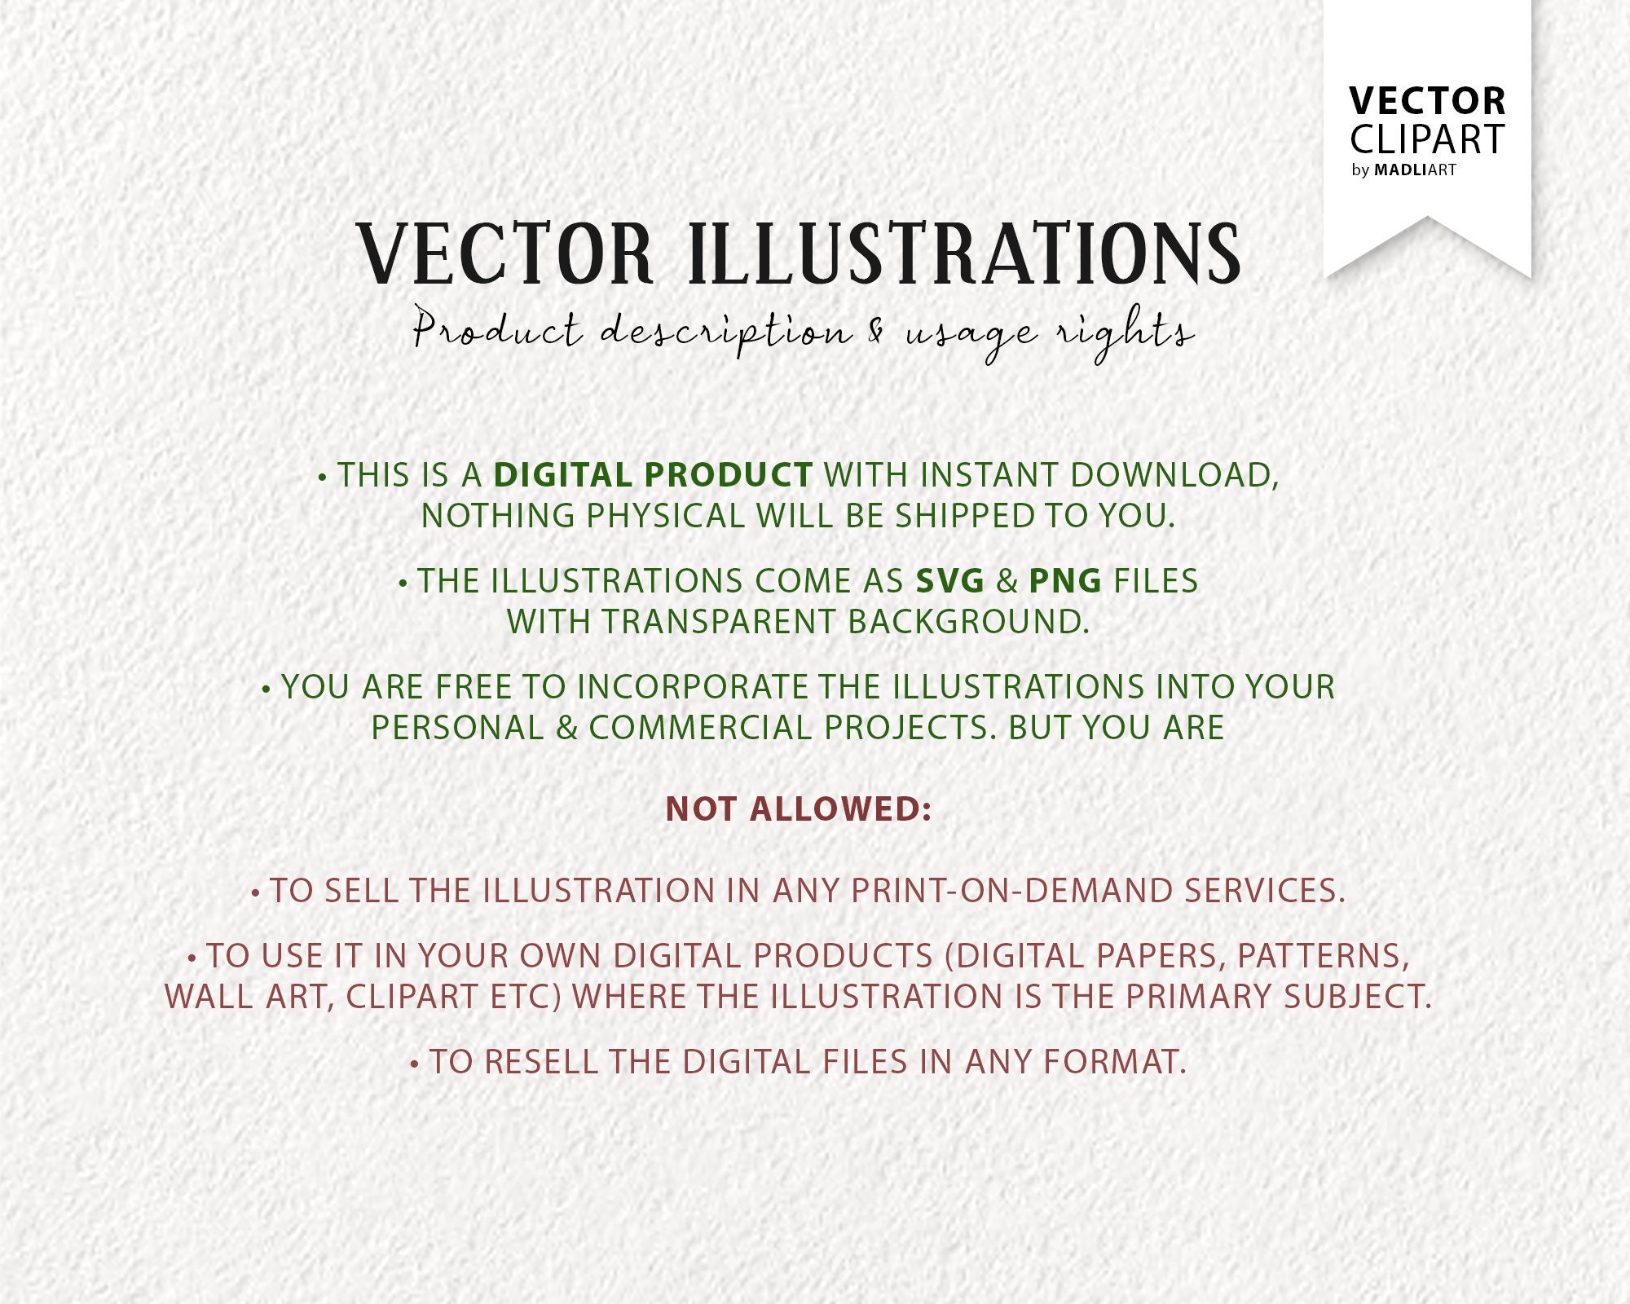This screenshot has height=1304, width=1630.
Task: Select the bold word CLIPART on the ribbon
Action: tap(1427, 139)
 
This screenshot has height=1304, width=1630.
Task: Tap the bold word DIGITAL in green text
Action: tap(563, 475)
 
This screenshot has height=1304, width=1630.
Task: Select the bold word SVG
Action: tap(950, 581)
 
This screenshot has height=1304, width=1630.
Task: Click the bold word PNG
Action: tap(1065, 581)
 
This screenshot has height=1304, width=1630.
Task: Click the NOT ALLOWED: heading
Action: tap(799, 809)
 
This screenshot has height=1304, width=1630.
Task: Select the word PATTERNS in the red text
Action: tap(1323, 956)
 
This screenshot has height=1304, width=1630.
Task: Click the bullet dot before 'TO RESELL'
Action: tap(415, 1064)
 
